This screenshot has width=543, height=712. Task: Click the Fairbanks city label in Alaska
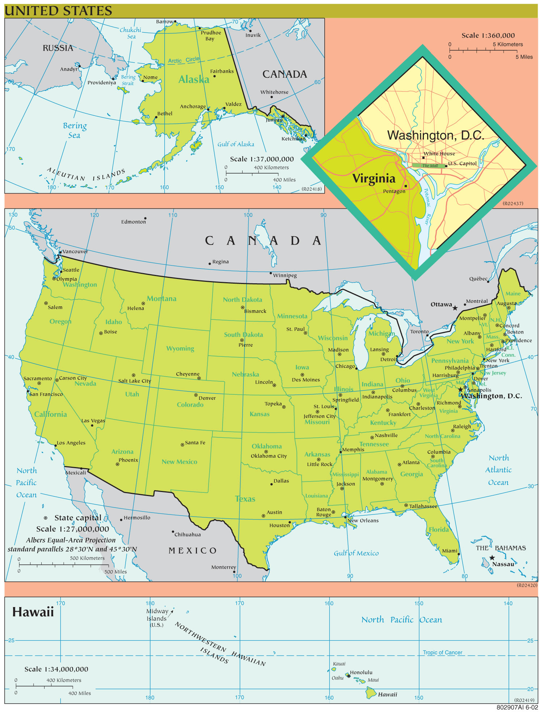(x=222, y=71)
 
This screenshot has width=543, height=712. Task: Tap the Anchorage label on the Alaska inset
(x=193, y=106)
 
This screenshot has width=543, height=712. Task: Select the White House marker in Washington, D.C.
(x=423, y=158)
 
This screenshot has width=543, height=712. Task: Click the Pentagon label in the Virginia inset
(x=394, y=191)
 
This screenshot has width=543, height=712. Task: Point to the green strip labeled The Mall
(x=430, y=166)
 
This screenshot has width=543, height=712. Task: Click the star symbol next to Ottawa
(x=455, y=308)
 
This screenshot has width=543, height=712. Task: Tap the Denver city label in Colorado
(x=207, y=398)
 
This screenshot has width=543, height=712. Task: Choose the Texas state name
(x=245, y=499)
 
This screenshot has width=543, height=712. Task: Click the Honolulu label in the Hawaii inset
(x=361, y=672)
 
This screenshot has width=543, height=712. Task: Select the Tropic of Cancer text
(x=442, y=652)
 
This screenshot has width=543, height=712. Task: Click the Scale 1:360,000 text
(x=488, y=35)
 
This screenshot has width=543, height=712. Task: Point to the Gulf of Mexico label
(x=356, y=553)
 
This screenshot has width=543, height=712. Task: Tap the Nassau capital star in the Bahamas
(x=492, y=558)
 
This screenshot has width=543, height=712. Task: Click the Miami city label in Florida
(x=449, y=551)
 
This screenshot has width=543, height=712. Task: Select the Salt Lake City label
(x=134, y=381)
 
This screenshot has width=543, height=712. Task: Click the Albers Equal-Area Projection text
(x=71, y=540)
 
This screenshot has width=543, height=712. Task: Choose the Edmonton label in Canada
(x=133, y=222)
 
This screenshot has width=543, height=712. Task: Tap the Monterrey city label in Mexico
(x=223, y=567)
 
